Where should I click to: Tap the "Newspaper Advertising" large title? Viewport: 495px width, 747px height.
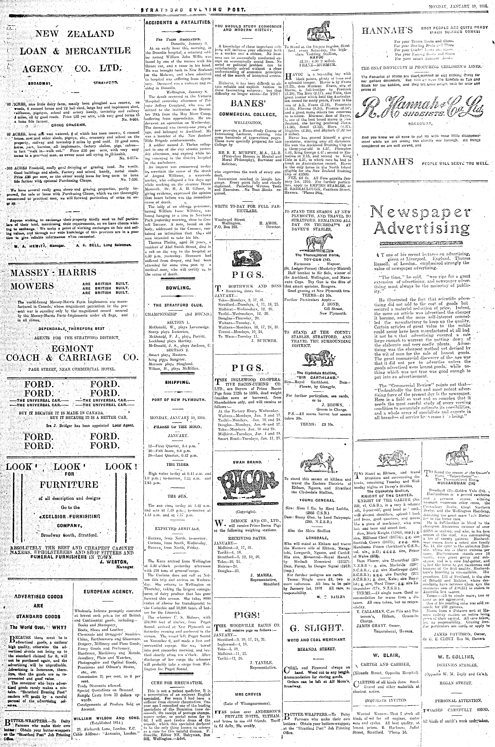pos(420,219)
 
